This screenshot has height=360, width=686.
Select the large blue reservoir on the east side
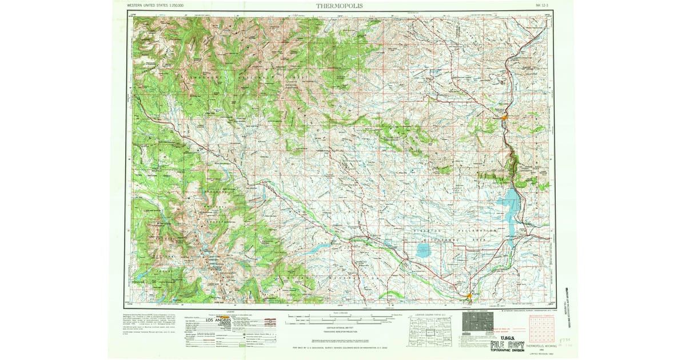point(510,211)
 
